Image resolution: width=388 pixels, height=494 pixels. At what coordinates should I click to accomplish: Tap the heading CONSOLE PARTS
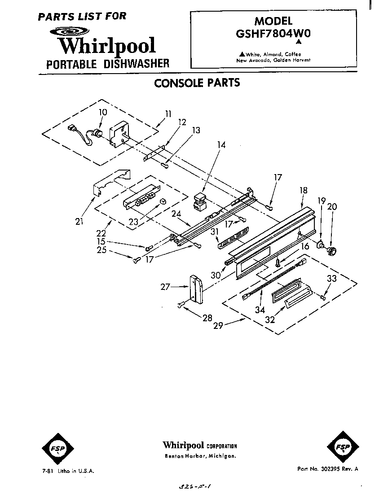coord(197,83)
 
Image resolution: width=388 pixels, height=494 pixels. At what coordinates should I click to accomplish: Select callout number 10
coord(103,112)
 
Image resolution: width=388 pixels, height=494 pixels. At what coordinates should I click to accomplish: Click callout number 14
coord(221,145)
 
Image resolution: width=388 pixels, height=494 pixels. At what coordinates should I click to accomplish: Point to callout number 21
coord(79,221)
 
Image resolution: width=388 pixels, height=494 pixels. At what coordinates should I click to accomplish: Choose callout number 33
coord(331,279)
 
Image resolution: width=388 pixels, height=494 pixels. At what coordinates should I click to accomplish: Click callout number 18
coord(304,190)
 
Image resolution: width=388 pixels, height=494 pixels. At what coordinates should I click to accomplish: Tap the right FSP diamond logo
coord(342,447)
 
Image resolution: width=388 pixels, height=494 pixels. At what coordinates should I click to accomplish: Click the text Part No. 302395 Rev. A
coord(327,468)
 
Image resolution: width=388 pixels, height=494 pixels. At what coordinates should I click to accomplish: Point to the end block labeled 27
coord(196,289)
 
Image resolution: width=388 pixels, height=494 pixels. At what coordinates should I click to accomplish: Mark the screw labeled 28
coord(181,306)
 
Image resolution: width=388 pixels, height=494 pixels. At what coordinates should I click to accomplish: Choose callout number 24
coord(176,214)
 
